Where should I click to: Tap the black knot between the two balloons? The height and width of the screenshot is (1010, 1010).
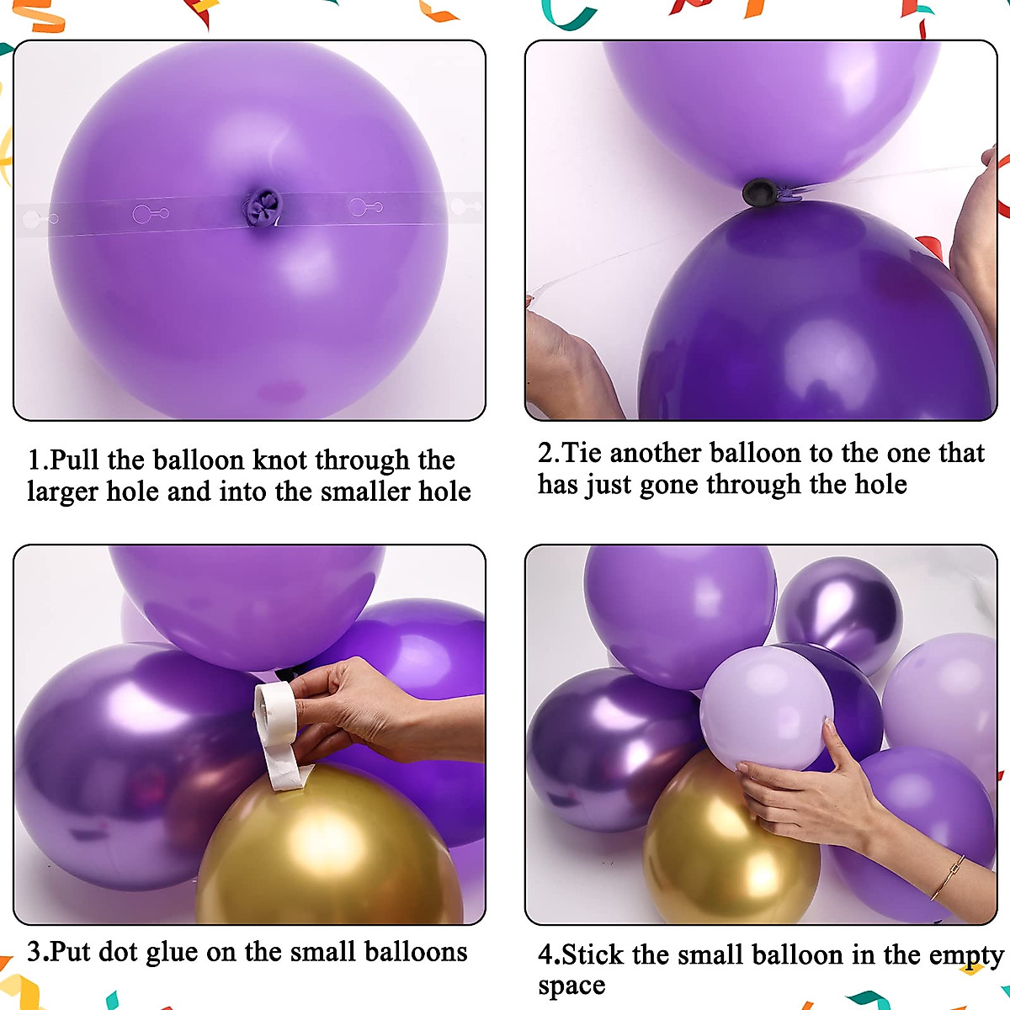[760, 193]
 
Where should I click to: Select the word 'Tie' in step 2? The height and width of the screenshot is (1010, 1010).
[582, 453]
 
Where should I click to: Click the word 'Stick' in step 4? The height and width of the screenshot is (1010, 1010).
[593, 954]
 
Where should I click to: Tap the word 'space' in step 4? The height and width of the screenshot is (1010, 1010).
[571, 986]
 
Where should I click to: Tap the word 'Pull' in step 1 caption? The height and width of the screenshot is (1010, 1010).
[74, 460]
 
